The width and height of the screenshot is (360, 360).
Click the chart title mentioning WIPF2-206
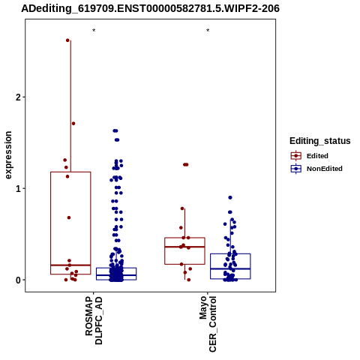coord(150,9)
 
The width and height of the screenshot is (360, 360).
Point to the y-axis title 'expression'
coord(8,155)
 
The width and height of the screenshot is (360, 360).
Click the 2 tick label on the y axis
coord(18,97)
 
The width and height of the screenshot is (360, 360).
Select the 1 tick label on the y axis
coord(18,189)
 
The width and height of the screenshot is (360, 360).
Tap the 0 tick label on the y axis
coord(18,280)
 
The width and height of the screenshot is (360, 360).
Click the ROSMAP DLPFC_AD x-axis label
coord(94,320)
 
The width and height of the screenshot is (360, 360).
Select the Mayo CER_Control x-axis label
coord(208,324)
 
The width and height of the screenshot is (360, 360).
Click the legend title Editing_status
coord(320,141)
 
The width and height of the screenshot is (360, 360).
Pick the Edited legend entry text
coord(317,156)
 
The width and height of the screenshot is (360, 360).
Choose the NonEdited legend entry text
coord(325,169)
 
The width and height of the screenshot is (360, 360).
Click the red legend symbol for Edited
coord(296,156)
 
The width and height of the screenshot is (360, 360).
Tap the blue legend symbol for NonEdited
coord(296,169)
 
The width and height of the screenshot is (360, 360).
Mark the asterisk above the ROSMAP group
coord(94,31)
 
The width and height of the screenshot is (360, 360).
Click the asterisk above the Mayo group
coord(208,31)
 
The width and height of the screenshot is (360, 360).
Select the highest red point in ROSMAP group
coord(67,40)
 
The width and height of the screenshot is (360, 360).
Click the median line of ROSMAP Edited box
coord(70,265)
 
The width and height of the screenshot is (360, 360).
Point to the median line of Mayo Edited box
coord(184,247)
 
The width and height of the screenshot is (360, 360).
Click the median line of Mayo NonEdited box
coord(230,268)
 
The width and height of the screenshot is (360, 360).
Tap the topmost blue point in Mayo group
coord(230,197)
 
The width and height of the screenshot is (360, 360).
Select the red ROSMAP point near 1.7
coord(73,124)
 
